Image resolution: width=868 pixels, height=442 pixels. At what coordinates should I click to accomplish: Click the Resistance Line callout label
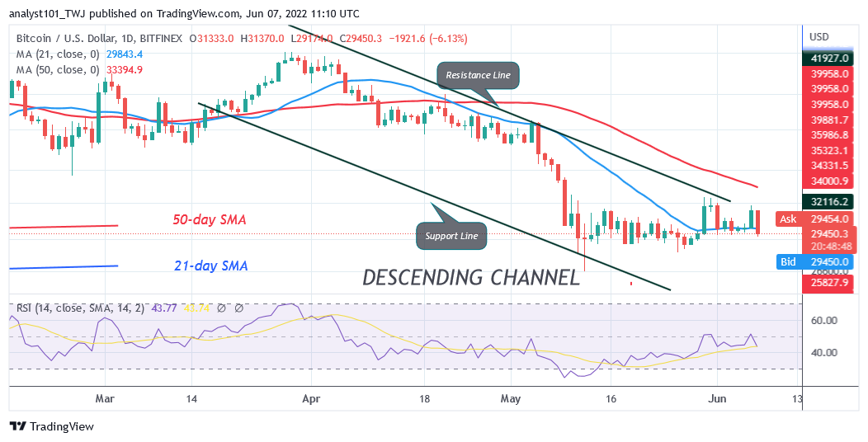click(x=479, y=75)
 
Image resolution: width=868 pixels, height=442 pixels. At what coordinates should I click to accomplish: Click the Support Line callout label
click(x=451, y=236)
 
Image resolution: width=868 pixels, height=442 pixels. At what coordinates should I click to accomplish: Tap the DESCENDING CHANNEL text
click(x=471, y=277)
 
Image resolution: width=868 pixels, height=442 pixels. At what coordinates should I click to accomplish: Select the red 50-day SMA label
click(x=210, y=220)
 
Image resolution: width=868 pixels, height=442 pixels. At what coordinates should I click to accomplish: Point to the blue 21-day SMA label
click(x=210, y=266)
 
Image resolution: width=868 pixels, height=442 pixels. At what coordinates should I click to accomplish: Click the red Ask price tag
click(x=788, y=219)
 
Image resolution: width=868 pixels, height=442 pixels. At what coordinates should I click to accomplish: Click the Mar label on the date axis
click(x=104, y=398)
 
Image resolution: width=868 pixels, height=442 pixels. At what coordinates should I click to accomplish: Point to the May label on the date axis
click(x=511, y=398)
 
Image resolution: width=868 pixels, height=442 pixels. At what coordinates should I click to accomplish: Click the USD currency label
click(x=818, y=37)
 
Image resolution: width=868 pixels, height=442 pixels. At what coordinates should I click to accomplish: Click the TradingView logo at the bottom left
click(x=52, y=426)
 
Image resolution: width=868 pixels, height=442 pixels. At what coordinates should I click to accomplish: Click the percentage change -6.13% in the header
click(x=449, y=38)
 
